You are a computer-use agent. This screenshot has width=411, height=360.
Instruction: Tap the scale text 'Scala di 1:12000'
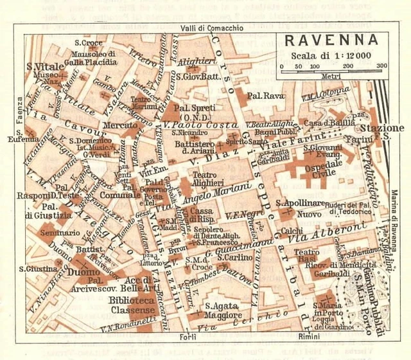tap(330, 55)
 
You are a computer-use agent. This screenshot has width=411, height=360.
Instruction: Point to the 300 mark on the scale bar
tap(382, 66)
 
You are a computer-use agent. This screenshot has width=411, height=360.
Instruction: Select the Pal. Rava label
tap(264, 97)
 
